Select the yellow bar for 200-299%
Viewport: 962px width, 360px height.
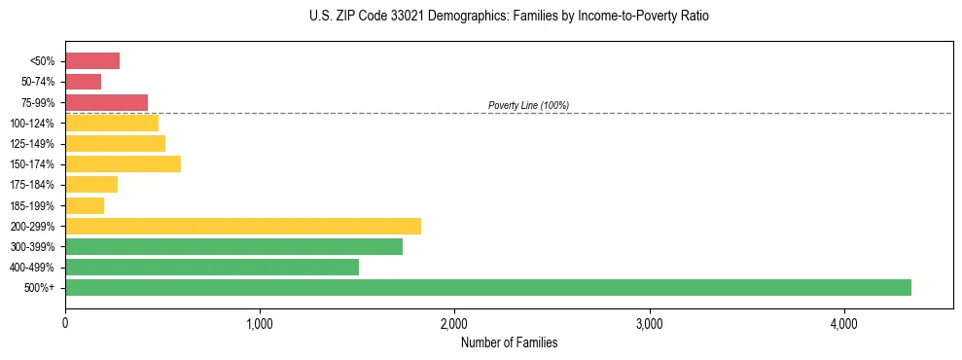243,226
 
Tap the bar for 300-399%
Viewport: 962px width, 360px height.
233,246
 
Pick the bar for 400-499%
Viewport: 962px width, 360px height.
212,267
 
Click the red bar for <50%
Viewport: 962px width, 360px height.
92,61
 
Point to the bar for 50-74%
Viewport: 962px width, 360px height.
84,82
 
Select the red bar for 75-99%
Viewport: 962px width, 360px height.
107,102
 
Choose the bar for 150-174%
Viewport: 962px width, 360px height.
124,163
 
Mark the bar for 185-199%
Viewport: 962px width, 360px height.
85,205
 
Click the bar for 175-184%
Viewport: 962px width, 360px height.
91,185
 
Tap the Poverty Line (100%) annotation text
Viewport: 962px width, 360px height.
528,105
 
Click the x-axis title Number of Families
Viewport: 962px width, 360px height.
509,343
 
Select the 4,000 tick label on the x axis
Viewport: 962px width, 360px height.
843,323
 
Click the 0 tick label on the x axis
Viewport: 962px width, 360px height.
65,323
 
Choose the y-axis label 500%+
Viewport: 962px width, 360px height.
40,288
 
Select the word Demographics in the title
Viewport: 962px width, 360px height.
452,17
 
